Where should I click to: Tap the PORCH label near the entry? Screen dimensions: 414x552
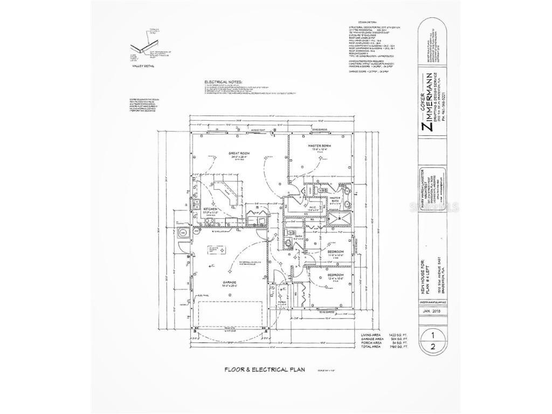point(281,301)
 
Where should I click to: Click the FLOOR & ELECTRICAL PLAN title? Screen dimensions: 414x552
point(265,370)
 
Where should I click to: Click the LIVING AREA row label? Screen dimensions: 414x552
point(371,335)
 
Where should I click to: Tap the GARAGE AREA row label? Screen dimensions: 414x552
point(371,339)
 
